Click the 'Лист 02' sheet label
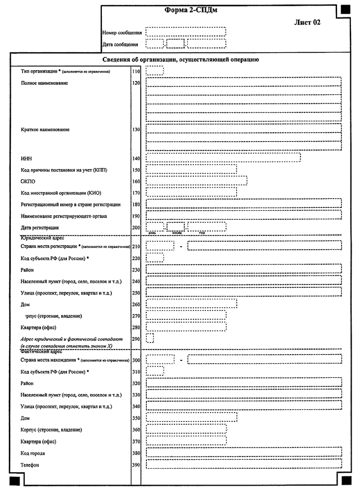[307, 22]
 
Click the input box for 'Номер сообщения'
[186, 32]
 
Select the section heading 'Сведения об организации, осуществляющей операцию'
[180, 60]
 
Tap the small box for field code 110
[155, 71]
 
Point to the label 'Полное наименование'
[44, 83]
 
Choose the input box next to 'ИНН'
[223, 158]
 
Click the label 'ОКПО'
[28, 182]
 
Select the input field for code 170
[191, 192]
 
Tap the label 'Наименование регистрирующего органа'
[64, 216]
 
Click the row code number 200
[136, 227]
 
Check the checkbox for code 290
[150, 338]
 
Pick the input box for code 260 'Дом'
[191, 304]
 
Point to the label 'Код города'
[33, 453]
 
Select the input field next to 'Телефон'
[244, 464]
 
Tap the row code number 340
[136, 406]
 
